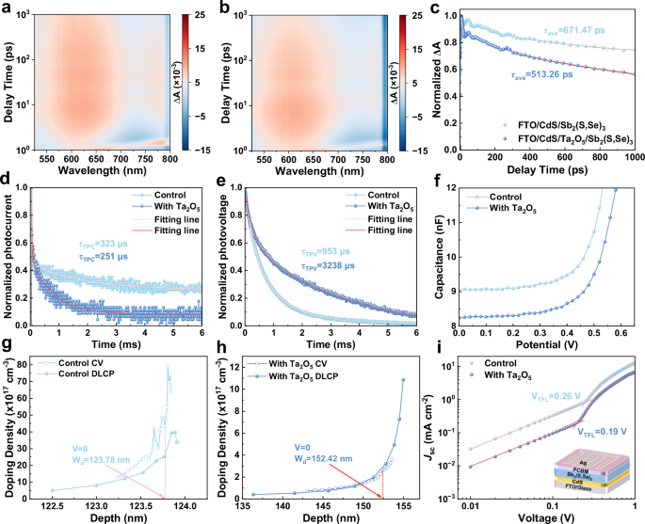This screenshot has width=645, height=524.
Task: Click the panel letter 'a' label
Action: pyautogui.click(x=7, y=8)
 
